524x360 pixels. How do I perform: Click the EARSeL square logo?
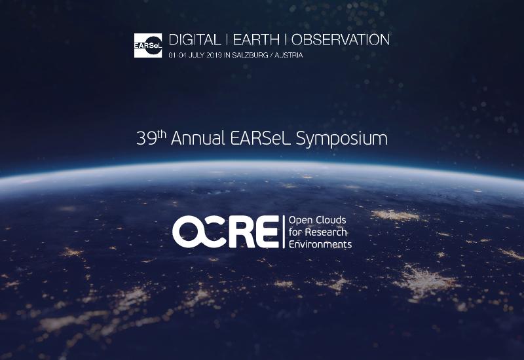coord(148,45)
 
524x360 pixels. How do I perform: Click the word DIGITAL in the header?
coord(195,40)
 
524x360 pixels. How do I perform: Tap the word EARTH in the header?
coord(256,40)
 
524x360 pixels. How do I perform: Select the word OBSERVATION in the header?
coord(341,40)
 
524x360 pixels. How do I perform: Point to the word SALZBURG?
coord(250,55)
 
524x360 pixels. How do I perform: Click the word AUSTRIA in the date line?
coord(289,55)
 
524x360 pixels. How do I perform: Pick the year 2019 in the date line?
coord(214,55)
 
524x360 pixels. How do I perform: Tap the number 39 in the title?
coord(146,138)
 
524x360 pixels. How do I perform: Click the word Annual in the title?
coord(198,138)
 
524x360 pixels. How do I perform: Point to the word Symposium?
coord(342,139)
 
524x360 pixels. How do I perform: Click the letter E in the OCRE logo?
coord(267,232)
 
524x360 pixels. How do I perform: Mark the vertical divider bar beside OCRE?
coord(284,232)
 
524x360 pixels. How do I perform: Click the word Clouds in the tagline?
coord(331,220)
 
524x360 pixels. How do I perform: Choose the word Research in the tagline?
coord(326,232)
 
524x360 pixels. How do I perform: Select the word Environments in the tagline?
coord(320,244)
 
